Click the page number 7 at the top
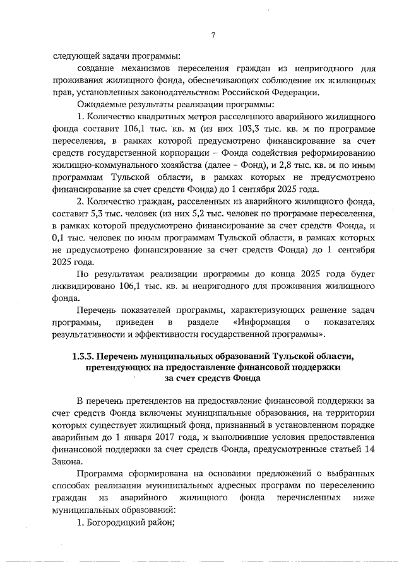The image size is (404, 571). tap(213, 36)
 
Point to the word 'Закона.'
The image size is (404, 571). tap(68, 460)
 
